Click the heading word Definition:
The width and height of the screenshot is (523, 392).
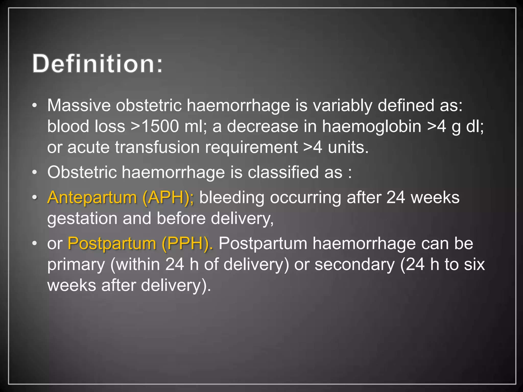[x=97, y=64]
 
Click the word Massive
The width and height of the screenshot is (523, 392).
[x=79, y=105]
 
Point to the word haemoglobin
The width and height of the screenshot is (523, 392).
[x=372, y=126]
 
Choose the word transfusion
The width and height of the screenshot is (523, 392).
[x=157, y=147]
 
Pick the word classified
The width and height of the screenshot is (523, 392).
[x=283, y=172]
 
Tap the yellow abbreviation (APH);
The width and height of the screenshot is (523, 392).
[x=168, y=198]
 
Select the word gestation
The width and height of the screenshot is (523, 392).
[x=82, y=218]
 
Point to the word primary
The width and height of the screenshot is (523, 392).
[x=76, y=264]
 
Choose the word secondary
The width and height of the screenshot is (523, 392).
[x=355, y=264]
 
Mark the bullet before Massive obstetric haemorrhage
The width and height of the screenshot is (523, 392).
[x=35, y=106]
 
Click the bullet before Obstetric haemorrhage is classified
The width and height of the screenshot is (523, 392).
[x=35, y=173]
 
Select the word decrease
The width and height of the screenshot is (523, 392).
[x=263, y=126]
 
